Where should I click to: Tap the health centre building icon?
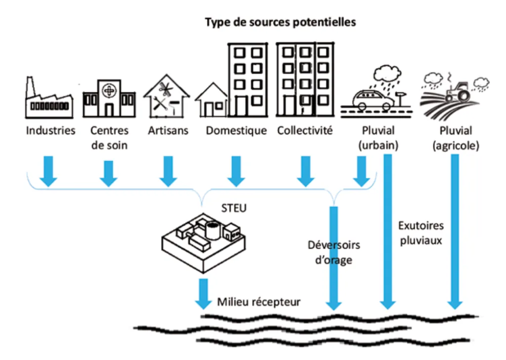109,99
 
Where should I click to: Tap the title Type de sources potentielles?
280,22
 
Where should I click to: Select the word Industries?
51,131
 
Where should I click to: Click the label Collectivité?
305,131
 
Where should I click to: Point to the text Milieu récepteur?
258,302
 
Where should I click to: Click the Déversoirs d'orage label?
334,252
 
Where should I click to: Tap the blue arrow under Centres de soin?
108,174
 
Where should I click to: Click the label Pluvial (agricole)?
456,138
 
